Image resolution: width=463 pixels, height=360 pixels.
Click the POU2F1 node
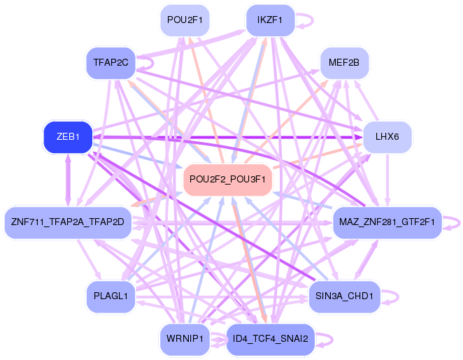(185, 20)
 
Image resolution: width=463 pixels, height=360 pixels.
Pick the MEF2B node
(343, 63)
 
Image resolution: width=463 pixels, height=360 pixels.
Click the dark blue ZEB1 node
(67, 137)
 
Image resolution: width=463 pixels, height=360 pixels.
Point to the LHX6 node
(387, 137)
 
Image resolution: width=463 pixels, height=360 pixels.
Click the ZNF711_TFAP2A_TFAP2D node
(67, 222)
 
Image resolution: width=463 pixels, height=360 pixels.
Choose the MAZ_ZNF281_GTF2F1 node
(387, 222)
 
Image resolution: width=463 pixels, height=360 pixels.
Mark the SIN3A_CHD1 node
(343, 296)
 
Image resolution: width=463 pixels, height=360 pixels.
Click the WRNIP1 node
(185, 340)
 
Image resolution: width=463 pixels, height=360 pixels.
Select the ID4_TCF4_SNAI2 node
(270, 340)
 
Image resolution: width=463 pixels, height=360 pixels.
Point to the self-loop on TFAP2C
(146, 63)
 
